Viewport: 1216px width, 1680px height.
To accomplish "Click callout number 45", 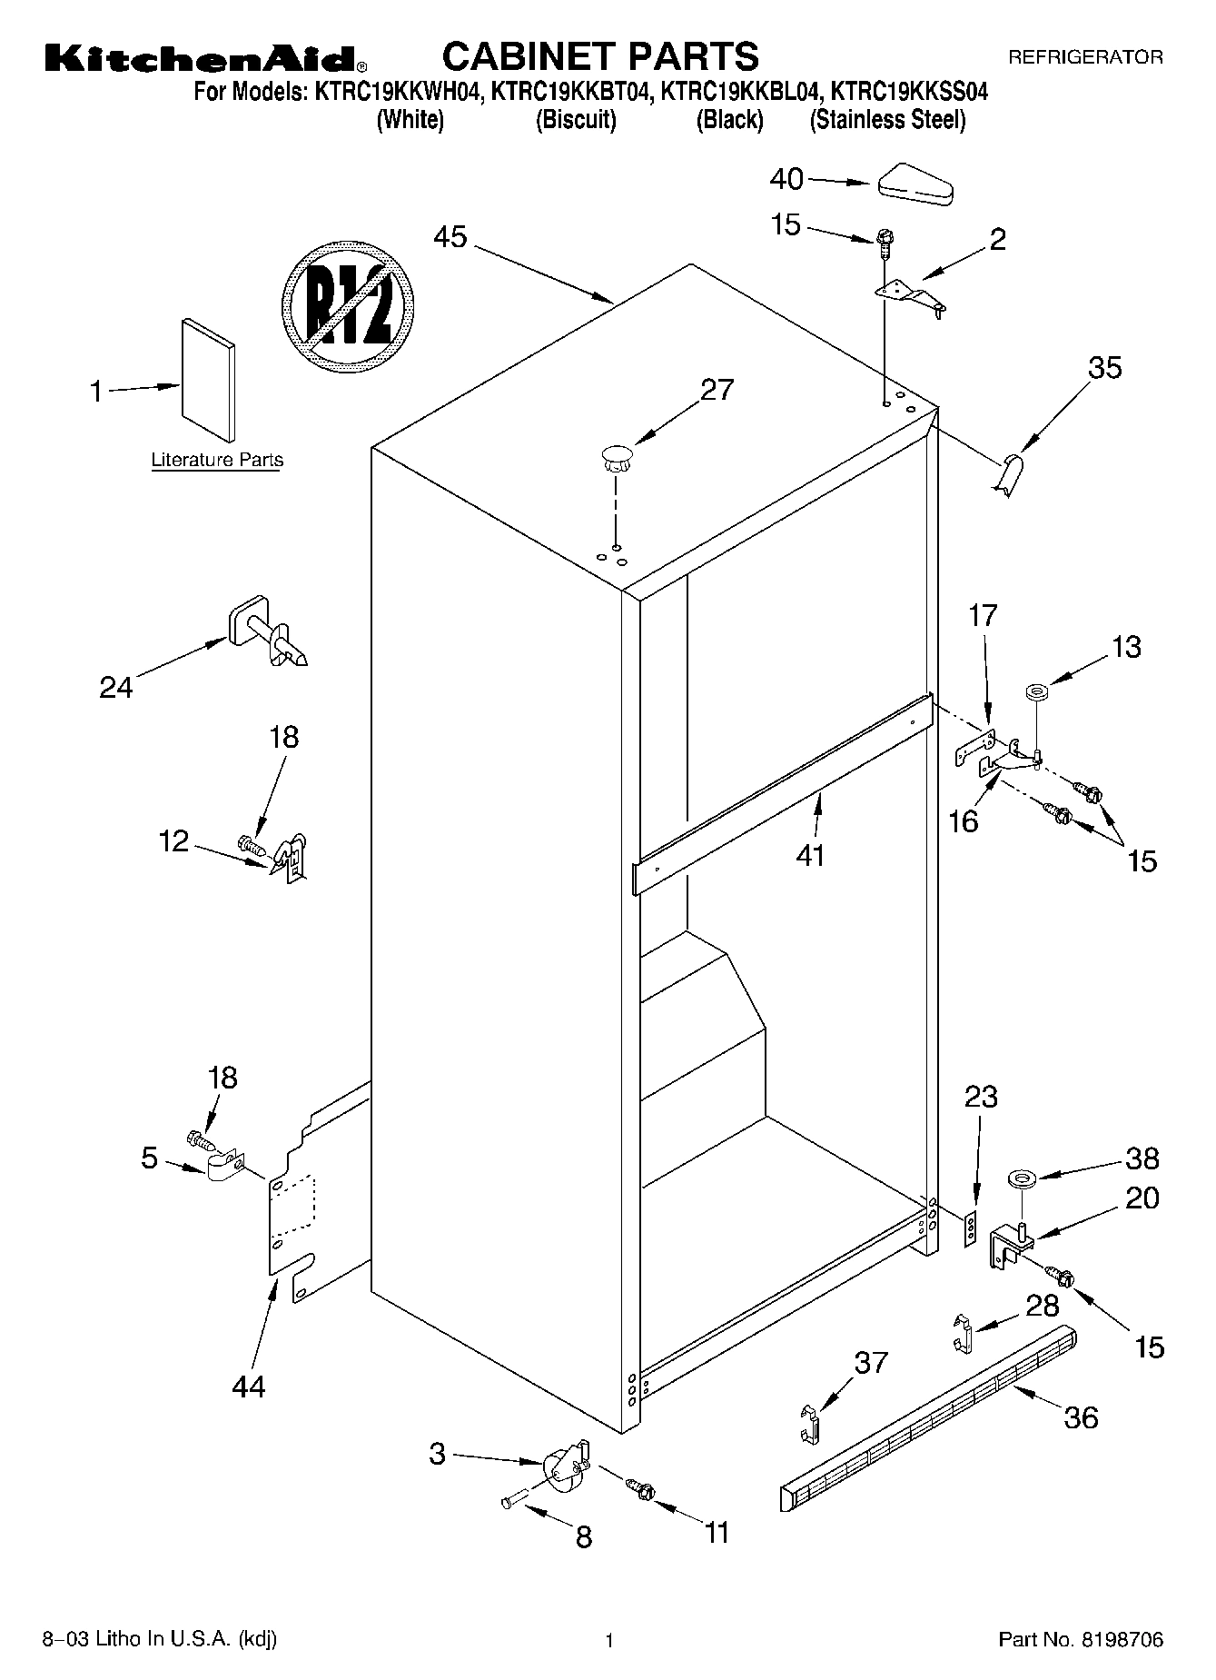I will (450, 238).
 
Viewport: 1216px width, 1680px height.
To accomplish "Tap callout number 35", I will (1105, 368).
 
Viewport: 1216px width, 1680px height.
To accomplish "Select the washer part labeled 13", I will (1034, 693).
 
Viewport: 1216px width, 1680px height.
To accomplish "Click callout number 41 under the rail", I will (810, 855).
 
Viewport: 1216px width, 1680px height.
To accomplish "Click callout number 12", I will (173, 841).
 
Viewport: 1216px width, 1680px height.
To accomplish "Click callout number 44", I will (248, 1386).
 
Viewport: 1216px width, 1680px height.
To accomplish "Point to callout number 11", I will (717, 1533).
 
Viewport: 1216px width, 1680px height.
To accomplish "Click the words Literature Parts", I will (217, 460).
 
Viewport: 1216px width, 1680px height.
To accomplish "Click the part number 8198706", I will (1120, 1640).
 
